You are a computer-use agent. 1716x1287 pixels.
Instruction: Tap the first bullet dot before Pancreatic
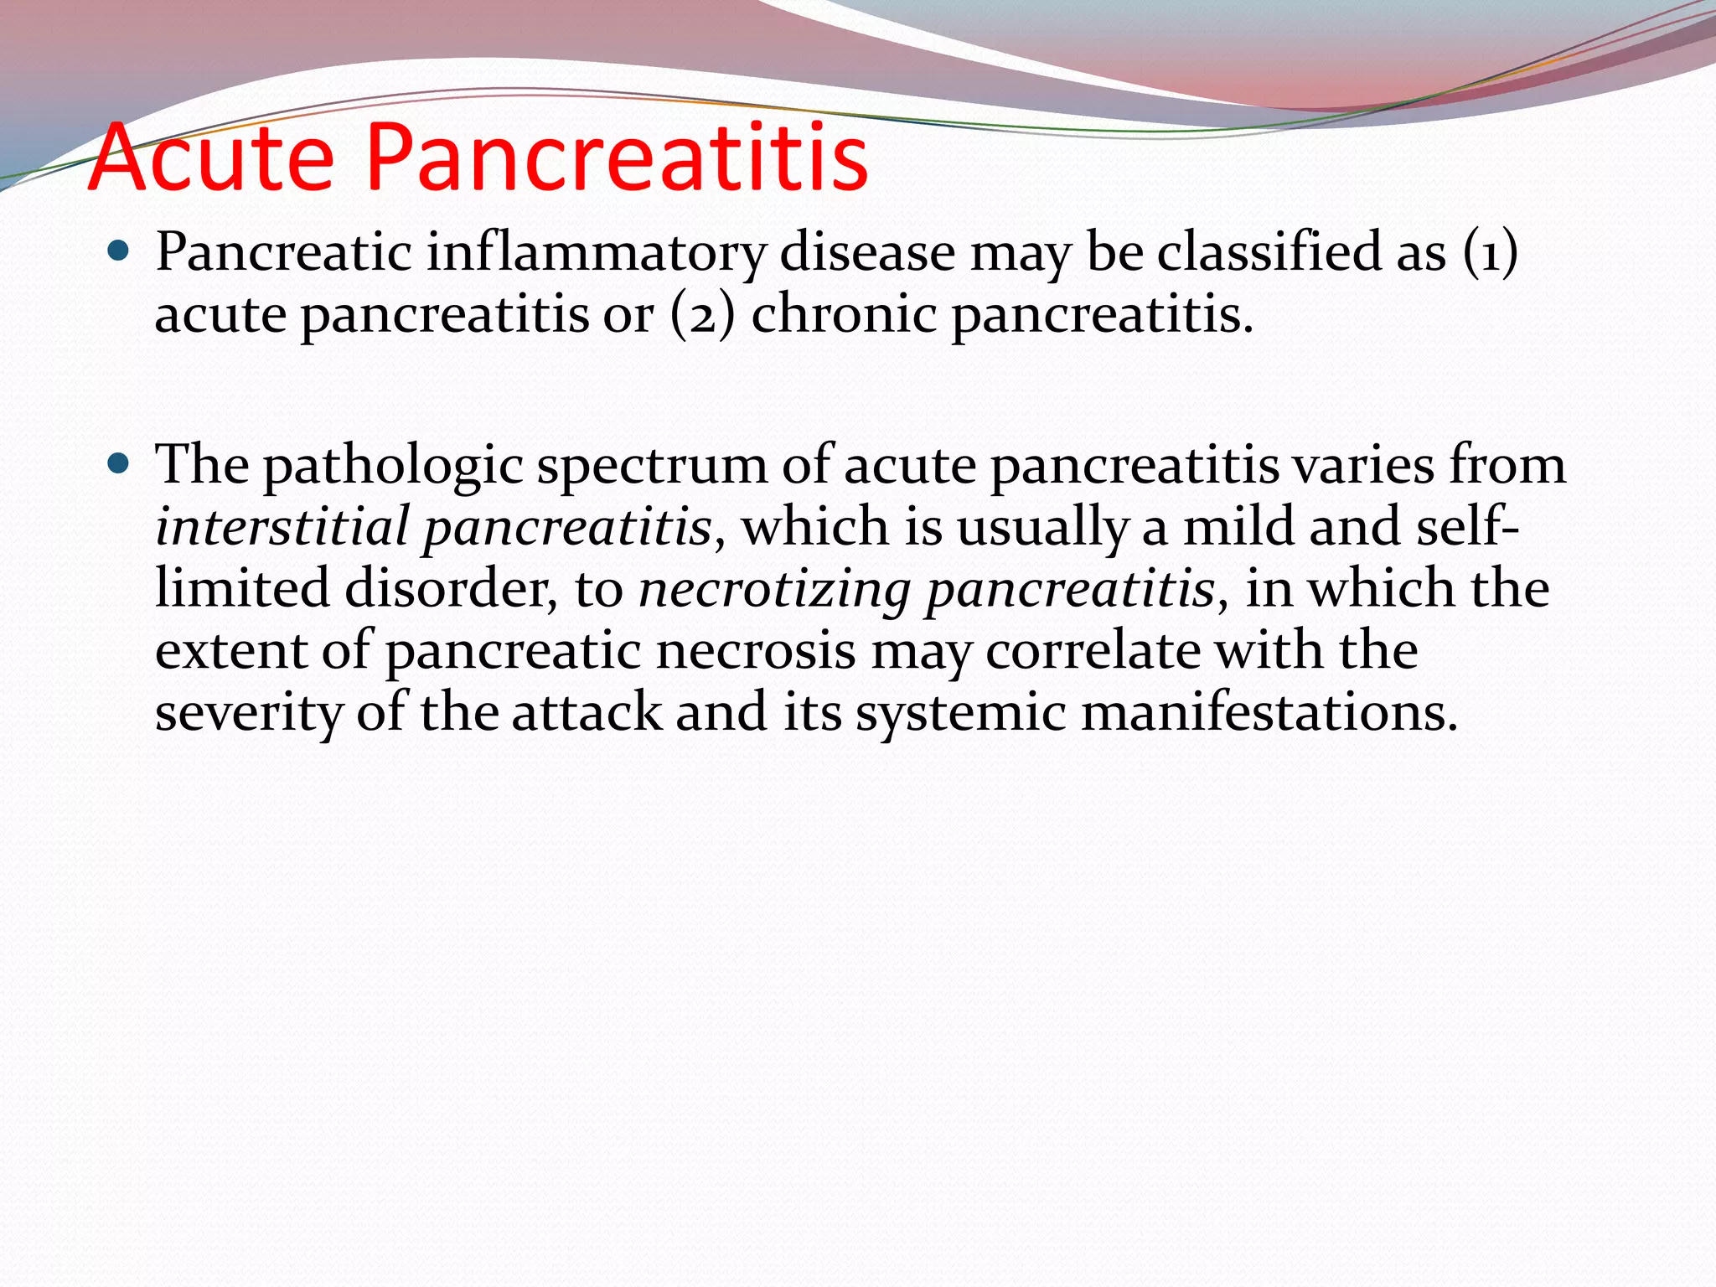[119, 250]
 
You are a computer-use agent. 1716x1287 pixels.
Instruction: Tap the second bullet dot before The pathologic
[119, 463]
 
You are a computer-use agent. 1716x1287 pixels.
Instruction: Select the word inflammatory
[595, 252]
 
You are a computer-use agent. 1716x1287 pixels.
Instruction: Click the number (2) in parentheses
[702, 315]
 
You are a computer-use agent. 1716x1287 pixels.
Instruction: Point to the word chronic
[844, 315]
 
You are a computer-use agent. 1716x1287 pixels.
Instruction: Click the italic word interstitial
[282, 527]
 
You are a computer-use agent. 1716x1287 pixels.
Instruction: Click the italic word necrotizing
[774, 589]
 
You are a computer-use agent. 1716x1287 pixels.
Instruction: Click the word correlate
[1093, 651]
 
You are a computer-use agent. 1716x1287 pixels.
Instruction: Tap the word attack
[587, 712]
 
